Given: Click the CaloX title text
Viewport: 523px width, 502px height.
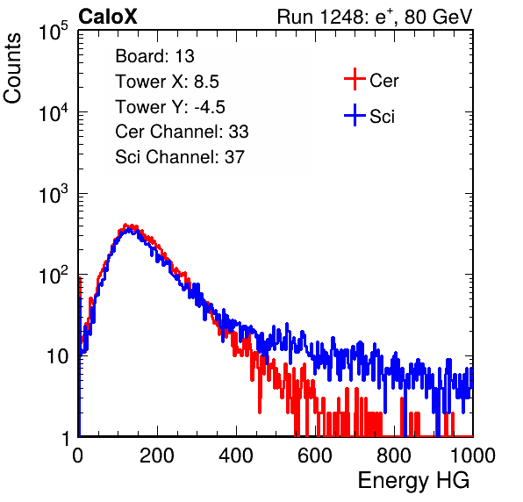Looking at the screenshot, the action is [x=108, y=17].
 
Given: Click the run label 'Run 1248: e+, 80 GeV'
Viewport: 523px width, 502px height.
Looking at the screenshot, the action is [x=375, y=17].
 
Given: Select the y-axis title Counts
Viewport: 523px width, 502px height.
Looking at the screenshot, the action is [x=12, y=68].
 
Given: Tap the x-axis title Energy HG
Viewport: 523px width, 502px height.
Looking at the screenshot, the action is [x=413, y=481].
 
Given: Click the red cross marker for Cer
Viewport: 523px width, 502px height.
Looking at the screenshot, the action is [x=355, y=79].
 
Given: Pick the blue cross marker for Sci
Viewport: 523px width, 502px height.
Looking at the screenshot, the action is [x=355, y=116].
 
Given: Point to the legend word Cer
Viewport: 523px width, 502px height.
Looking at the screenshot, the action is [x=383, y=81].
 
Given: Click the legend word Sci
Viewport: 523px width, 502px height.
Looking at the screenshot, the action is [x=383, y=117].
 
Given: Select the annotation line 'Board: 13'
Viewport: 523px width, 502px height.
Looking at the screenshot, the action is [x=154, y=56].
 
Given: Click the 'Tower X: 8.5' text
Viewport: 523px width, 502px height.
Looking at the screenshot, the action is [x=167, y=82].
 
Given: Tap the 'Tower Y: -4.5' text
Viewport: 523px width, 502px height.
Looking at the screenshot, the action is [x=170, y=107].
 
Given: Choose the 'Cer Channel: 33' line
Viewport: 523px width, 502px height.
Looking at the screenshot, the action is [x=182, y=132].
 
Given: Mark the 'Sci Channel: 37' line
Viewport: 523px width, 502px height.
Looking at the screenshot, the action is [x=180, y=157].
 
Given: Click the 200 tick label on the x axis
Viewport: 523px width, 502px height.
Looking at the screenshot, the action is [x=157, y=455].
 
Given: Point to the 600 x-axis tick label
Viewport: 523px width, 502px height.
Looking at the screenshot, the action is [x=315, y=455].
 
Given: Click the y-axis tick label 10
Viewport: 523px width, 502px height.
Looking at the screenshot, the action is [x=57, y=356].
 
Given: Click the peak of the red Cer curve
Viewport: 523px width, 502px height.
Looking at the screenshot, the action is [x=125, y=226].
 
